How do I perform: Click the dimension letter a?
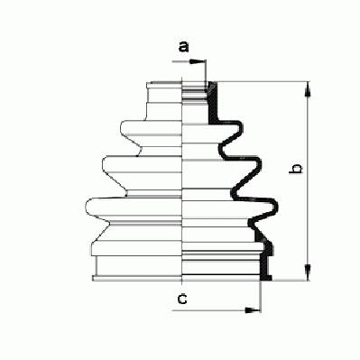pos(183,47)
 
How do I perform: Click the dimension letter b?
pos(295,169)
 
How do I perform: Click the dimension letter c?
pos(182,299)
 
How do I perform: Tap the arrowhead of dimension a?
pos(195,62)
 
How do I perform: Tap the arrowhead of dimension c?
pos(252,310)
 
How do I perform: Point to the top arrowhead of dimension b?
pos(308,89)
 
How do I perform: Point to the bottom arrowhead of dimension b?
pos(308,272)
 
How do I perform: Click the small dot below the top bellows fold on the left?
pos(137,156)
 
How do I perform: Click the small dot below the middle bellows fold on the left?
pos(126,196)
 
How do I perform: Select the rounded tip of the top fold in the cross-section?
pos(240,126)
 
